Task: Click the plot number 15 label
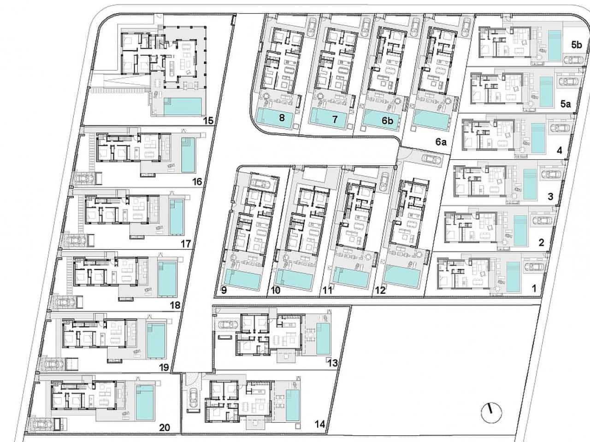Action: click(209, 121)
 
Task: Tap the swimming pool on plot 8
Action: click(274, 118)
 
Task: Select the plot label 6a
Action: click(441, 142)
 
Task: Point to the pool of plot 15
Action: click(183, 106)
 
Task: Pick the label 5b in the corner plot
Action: click(576, 45)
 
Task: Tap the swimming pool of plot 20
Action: click(145, 402)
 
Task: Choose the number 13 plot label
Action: click(333, 363)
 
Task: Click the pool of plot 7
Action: click(328, 118)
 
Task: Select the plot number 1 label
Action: click(534, 289)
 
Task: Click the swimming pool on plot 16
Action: click(188, 155)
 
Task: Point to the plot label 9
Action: click(224, 290)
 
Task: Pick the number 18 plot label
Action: click(175, 305)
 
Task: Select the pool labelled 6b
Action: click(379, 120)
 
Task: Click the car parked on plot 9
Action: click(260, 184)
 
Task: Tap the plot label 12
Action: click(380, 290)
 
